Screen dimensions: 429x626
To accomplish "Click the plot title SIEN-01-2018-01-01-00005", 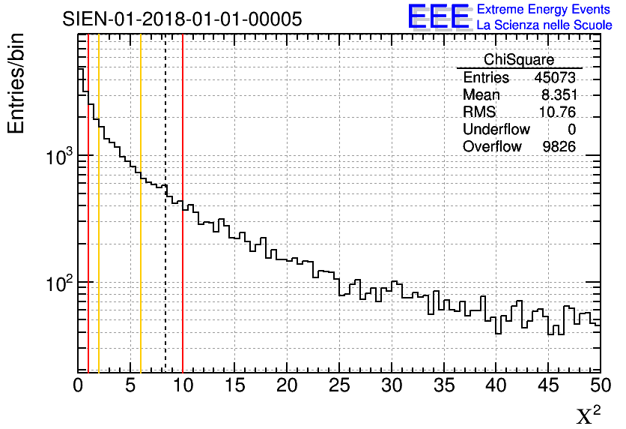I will pos(182,19).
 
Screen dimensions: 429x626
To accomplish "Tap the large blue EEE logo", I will pos(439,16).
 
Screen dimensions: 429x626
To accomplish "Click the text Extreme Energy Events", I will pos(544,9).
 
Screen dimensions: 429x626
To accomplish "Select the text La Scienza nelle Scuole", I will pos(544,25).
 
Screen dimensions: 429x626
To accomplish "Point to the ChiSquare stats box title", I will pos(519,59).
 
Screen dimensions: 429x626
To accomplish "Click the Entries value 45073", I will pos(555,78).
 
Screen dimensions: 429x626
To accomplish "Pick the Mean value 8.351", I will pos(558,95).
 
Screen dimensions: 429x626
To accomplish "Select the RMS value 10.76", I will pos(557,112).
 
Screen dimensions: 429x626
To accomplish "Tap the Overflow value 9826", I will pos(559,146).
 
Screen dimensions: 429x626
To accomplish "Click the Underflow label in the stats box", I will pos(496,130).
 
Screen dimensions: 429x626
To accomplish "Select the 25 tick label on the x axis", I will pos(339,385).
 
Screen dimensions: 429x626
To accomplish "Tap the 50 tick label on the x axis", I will pos(599,385).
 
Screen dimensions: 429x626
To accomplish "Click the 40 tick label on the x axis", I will pos(496,385).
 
